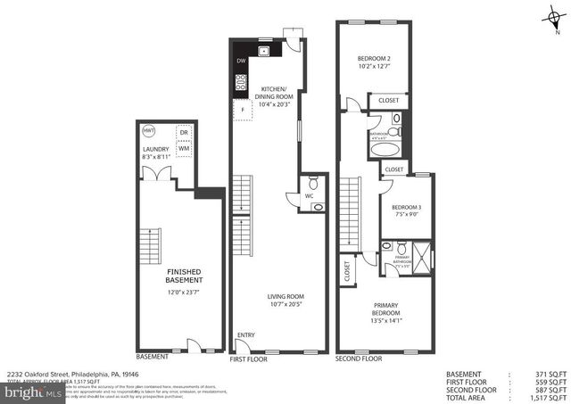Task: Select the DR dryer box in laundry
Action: coord(185,131)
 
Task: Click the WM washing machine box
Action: coord(185,148)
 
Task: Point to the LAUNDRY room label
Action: coord(155,150)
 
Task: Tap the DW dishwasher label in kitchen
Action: coord(240,61)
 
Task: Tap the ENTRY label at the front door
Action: coord(246,335)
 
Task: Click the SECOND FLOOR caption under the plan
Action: coord(359,358)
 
